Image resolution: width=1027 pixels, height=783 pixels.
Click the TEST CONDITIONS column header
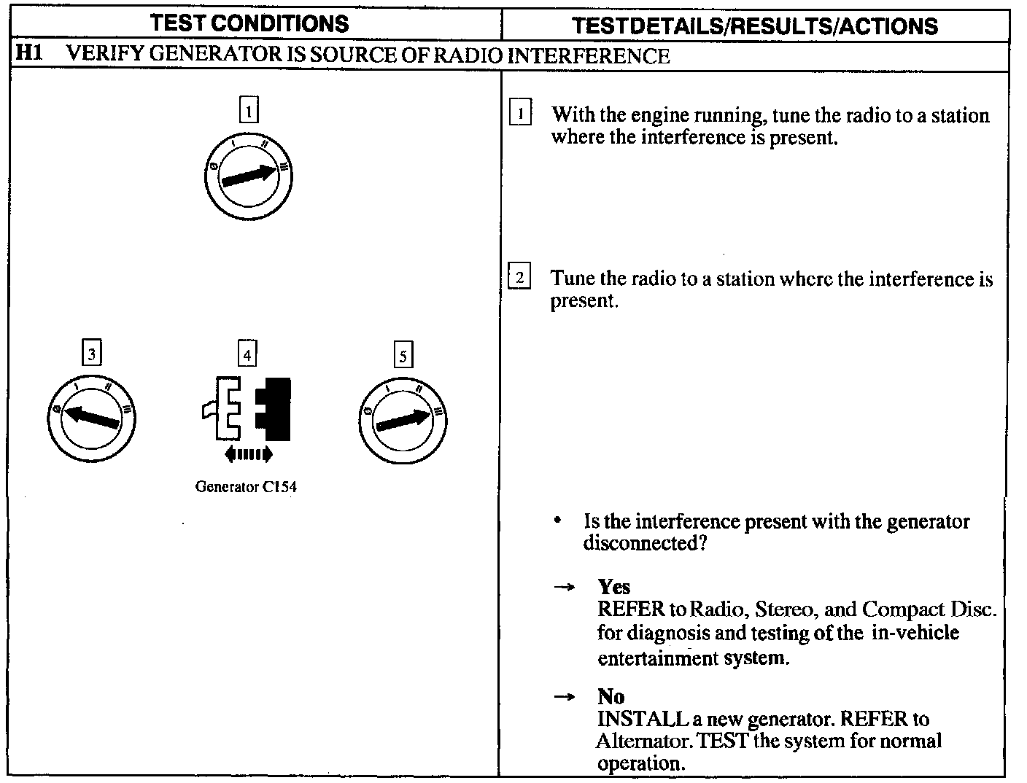tap(250, 23)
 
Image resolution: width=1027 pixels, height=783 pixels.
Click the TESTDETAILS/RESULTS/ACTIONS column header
tap(755, 26)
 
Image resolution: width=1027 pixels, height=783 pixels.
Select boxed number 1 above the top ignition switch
tap(249, 112)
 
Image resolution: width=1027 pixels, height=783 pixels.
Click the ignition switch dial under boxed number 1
tap(249, 176)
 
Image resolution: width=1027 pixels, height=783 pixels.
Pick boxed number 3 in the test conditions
tap(91, 354)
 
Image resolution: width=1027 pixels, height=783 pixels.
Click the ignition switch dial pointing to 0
tap(91, 418)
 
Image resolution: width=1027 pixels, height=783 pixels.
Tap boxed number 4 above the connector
tap(247, 355)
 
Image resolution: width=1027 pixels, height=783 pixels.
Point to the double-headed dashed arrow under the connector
tap(249, 454)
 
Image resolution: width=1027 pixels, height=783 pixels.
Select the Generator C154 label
tap(246, 487)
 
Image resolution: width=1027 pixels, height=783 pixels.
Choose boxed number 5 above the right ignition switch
tap(403, 356)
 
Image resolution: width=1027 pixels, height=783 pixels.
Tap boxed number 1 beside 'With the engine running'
tap(520, 114)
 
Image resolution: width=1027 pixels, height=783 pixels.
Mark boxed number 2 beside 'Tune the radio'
tap(519, 278)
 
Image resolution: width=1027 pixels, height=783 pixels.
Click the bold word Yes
tap(613, 587)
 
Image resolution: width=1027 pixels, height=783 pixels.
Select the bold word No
tap(611, 696)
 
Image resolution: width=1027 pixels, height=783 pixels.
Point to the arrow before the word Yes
tap(562, 588)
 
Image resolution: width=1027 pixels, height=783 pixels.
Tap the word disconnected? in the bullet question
tap(644, 544)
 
